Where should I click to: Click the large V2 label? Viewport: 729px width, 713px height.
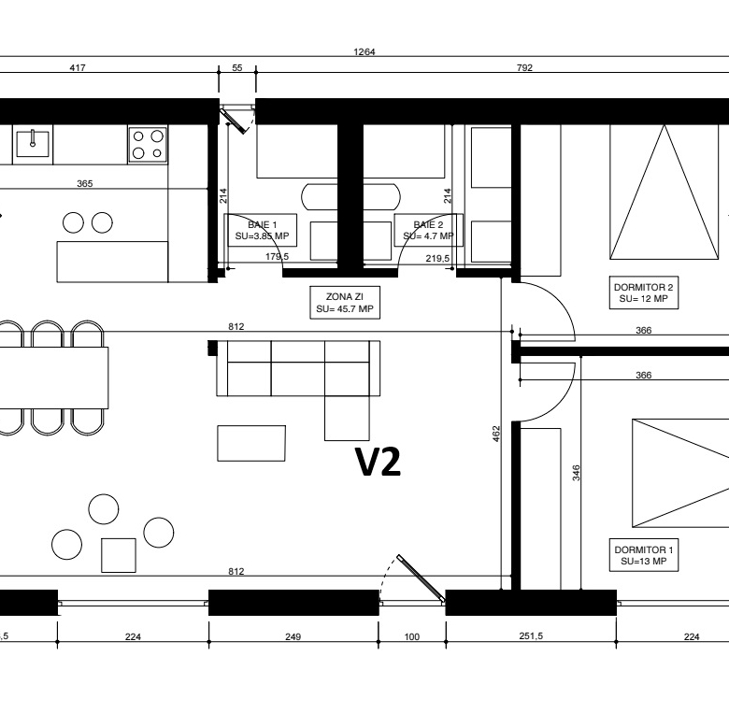click(x=378, y=462)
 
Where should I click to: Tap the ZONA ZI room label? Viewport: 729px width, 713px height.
click(x=345, y=303)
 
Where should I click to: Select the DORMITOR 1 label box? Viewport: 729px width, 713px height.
click(x=644, y=555)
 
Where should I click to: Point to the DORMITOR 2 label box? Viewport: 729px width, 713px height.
click(x=644, y=292)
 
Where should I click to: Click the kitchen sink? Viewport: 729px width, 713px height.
click(x=33, y=144)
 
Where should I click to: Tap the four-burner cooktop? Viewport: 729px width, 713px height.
click(x=148, y=144)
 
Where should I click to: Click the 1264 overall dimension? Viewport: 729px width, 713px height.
click(x=364, y=51)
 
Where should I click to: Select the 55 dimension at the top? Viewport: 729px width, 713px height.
click(x=237, y=68)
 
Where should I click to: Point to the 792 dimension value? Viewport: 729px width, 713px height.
click(x=524, y=68)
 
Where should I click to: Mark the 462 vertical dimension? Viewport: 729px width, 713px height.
click(x=496, y=434)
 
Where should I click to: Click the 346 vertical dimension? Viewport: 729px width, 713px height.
click(x=576, y=473)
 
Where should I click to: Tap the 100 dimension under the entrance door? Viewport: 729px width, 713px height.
click(x=412, y=636)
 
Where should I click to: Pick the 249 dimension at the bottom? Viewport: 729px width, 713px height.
click(x=293, y=636)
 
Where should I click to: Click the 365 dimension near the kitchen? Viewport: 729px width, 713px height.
click(x=85, y=183)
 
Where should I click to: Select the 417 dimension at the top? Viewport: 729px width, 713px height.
click(x=78, y=68)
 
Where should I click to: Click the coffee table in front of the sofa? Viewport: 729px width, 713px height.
click(x=251, y=443)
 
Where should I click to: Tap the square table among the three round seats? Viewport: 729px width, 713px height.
click(x=119, y=555)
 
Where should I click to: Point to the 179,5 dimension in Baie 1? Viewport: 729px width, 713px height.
click(x=277, y=257)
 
